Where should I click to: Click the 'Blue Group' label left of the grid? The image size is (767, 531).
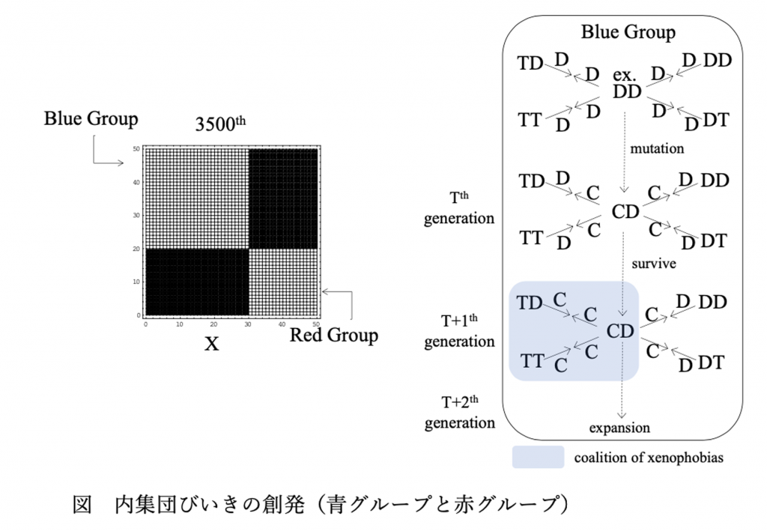pos(91,119)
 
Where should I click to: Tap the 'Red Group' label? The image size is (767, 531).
pos(334,336)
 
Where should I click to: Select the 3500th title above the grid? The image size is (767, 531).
pos(220,124)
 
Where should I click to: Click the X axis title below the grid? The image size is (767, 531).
pos(211,345)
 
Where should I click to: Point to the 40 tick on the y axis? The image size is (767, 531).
pos(136,183)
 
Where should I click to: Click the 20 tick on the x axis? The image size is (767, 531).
pos(213,324)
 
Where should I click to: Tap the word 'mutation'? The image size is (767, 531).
pos(657,148)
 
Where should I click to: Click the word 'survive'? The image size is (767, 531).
pos(653,264)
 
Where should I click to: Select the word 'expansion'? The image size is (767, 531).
pos(619,428)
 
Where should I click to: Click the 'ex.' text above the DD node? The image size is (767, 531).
pos(624,75)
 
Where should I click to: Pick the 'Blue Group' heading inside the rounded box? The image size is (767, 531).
pos(628,32)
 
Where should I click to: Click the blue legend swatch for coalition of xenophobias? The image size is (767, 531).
pos(538,457)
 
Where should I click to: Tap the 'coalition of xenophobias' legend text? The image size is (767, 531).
pos(649,458)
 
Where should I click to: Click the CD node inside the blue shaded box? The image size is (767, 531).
pos(620,331)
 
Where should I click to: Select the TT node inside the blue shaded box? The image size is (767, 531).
pos(532,361)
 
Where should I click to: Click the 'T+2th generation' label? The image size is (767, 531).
pos(459,412)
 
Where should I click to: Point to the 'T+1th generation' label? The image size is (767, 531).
pos(459,331)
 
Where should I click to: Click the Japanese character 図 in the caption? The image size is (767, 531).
pos(82,505)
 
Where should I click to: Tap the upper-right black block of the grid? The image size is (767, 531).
pos(283,198)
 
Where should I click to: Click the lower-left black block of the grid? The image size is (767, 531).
pos(197,282)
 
